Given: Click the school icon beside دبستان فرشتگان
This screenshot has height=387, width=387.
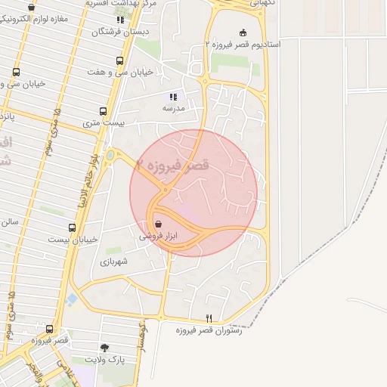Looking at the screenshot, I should [120, 20].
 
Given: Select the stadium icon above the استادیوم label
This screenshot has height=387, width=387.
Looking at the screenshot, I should [243, 32].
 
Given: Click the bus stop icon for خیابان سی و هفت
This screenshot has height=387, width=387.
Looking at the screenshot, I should [119, 60].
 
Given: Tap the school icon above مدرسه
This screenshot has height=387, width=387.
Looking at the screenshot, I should [173, 97].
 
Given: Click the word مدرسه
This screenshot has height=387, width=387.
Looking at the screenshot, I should [173, 109].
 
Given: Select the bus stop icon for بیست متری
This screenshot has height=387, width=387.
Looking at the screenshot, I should [103, 111].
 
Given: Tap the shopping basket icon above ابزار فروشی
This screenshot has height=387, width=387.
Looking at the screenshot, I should [157, 224].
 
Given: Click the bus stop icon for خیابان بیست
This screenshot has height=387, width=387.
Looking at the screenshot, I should [73, 227].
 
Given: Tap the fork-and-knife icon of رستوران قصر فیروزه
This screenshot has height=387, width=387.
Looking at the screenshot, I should [209, 318].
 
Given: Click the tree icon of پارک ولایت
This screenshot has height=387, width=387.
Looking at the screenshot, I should [104, 348].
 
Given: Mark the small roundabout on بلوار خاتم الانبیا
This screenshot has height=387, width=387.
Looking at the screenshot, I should [110, 155].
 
